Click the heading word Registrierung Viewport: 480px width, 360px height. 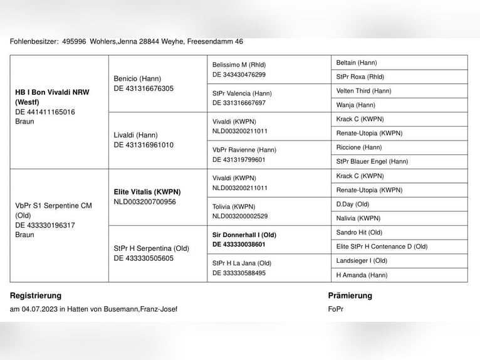coord(36,295)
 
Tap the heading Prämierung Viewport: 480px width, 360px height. coord(350,295)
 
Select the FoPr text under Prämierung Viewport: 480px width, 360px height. coord(336,309)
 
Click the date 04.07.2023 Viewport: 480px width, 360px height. coord(39,309)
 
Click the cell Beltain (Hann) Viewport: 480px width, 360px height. coord(357,63)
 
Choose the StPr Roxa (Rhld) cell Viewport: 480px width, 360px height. coord(360,77)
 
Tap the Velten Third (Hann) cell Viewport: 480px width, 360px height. coord(363,91)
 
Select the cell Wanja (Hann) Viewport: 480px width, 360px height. coord(355,105)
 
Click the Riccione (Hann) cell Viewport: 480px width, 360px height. coord(359,147)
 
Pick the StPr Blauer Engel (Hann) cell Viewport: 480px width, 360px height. coord(372,161)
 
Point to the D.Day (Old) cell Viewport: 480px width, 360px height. coord(353,204)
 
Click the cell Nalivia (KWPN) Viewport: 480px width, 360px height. coord(358,218)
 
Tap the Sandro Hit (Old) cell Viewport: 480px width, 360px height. coord(359,232)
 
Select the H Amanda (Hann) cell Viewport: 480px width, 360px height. coord(362,275)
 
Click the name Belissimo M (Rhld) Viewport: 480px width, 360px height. coord(239,65)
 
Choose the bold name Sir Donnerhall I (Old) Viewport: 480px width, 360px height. coord(244,235)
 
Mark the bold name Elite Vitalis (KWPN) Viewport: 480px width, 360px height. coord(147,192)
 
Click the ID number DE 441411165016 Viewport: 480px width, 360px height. coord(45,112)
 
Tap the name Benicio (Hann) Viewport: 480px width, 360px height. coord(137,78)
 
